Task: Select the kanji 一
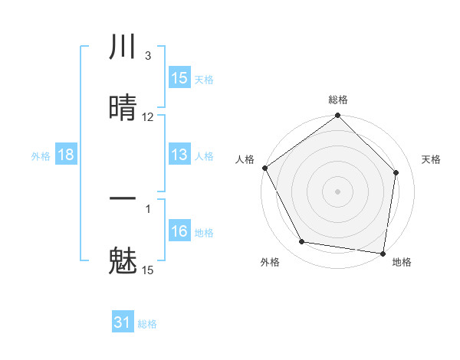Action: [123, 199]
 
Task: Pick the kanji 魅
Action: [123, 260]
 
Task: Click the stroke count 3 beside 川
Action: [147, 56]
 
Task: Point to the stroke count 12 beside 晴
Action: [148, 117]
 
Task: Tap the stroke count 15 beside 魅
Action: [148, 270]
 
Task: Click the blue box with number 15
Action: [179, 78]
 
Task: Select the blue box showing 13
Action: [179, 155]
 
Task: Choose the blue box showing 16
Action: [179, 231]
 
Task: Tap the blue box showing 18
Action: [66, 155]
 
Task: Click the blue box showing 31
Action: [123, 322]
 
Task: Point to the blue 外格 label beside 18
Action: [41, 155]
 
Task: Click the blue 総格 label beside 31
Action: [147, 324]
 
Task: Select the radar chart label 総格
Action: [338, 100]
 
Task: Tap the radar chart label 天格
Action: [431, 159]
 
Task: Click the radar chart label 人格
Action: [245, 159]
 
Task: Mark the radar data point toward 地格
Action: [383, 253]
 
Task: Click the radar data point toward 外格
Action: [302, 242]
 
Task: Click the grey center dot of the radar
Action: [338, 191]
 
